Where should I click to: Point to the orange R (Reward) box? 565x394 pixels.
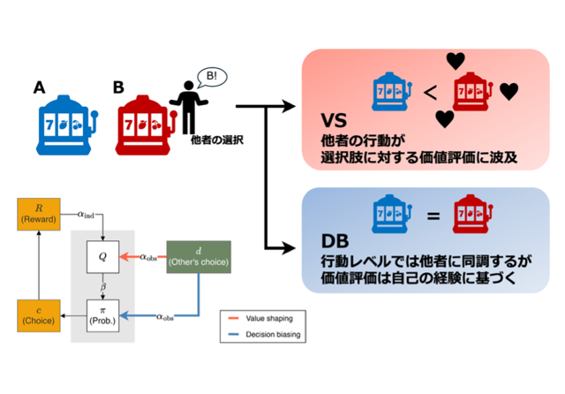tap(36, 214)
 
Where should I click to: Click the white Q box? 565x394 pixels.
tap(102, 257)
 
